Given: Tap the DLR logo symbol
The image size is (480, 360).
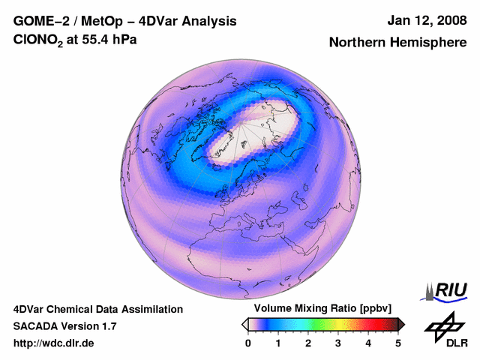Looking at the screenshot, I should click(x=441, y=327).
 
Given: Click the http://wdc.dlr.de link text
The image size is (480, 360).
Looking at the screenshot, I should click(x=54, y=343).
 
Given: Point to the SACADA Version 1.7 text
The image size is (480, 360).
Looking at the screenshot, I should click(x=64, y=326).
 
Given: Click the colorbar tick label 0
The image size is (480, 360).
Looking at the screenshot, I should click(x=248, y=343).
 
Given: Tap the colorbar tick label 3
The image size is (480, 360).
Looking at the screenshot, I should click(x=338, y=343).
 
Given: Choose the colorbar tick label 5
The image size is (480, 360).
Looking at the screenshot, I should click(x=398, y=343).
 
